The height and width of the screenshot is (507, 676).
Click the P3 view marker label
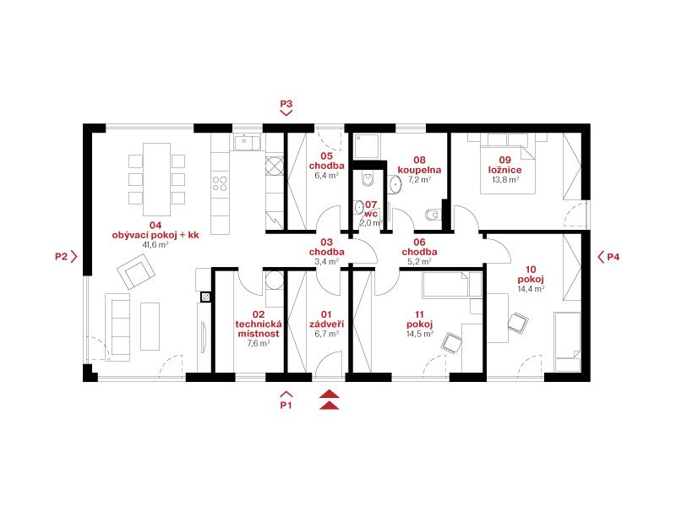[286, 104]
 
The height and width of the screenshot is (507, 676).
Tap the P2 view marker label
[61, 257]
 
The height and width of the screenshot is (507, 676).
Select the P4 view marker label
[613, 257]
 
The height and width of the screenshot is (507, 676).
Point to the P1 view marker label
[286, 406]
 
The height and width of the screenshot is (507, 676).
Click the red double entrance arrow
[329, 399]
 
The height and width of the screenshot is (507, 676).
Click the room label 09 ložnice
[504, 165]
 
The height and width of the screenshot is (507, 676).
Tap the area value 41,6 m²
[155, 245]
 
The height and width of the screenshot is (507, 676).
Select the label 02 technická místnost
[259, 324]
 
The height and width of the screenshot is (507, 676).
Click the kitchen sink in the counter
[247, 142]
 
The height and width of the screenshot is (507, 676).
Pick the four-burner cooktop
[220, 183]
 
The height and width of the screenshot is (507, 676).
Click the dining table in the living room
[157, 179]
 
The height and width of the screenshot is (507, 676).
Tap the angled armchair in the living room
[136, 271]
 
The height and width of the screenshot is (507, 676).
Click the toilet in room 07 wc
[368, 178]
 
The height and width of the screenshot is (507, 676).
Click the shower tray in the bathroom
[367, 146]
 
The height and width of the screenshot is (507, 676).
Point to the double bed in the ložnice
[508, 163]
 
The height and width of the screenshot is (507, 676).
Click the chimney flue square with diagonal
[205, 297]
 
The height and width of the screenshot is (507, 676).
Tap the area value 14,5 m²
[419, 334]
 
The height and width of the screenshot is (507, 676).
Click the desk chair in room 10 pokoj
[518, 323]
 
